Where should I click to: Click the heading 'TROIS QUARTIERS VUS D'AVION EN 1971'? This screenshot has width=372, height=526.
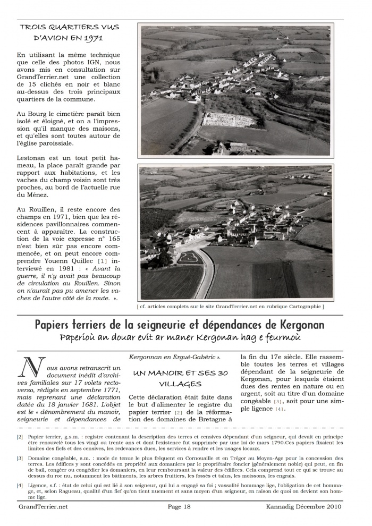pyautogui.click(x=69, y=32)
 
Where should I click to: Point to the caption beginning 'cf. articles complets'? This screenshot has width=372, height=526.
pyautogui.click(x=230, y=307)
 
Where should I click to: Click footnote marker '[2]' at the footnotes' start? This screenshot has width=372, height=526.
pyautogui.click(x=20, y=437)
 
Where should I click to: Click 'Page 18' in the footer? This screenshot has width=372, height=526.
pyautogui.click(x=179, y=506)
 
